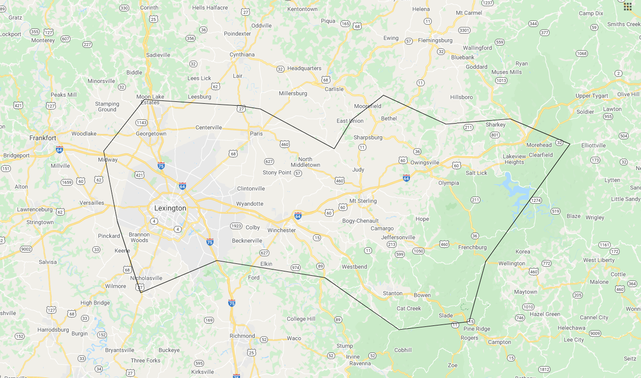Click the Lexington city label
170,208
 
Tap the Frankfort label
43,138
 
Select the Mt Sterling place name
363,201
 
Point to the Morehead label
539,145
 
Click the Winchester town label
281,231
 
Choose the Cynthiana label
242,54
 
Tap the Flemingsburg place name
435,41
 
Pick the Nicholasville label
146,279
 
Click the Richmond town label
242,336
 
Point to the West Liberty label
599,260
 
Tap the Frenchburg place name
472,247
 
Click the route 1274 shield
535,201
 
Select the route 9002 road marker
26,249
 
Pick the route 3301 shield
464,30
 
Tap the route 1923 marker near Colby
236,226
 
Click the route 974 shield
295,268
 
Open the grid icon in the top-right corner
627,6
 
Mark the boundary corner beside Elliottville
570,144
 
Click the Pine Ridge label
477,329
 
